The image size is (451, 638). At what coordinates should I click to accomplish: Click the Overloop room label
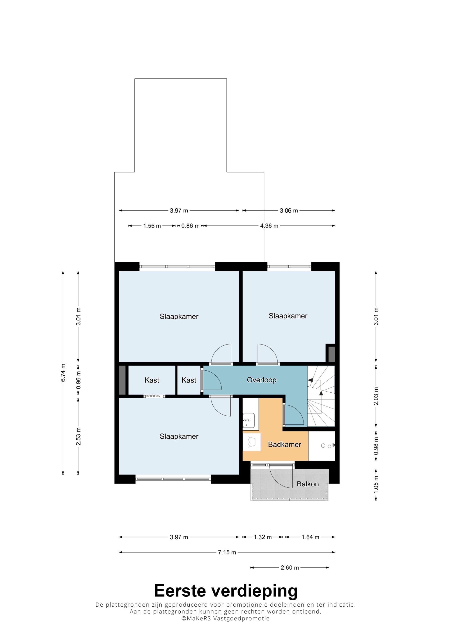click(x=262, y=380)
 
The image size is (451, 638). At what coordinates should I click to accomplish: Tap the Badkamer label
click(x=285, y=444)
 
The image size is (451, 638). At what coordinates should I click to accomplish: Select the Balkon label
click(x=308, y=484)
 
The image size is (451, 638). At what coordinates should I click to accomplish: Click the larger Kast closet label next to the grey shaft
click(x=152, y=380)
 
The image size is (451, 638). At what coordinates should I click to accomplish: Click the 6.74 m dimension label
click(x=63, y=372)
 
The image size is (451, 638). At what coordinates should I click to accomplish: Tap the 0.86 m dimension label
click(x=190, y=226)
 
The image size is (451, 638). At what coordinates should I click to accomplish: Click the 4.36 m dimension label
click(x=269, y=226)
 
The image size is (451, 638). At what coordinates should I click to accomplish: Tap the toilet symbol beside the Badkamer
click(x=328, y=446)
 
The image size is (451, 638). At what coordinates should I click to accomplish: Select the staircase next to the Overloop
click(x=321, y=396)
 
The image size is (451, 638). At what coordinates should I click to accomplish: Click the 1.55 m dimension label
click(x=152, y=226)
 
